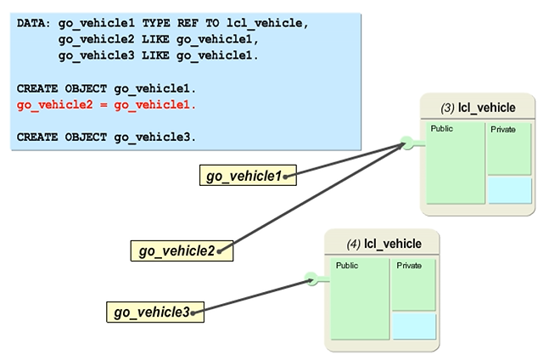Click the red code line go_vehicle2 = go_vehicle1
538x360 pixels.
tap(106, 105)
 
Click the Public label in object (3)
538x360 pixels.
tap(442, 129)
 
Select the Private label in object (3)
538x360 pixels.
tap(503, 129)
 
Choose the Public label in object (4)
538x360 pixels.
tap(347, 265)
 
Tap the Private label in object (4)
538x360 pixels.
tap(408, 266)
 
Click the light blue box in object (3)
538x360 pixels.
tap(509, 190)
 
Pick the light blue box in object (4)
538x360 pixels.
tap(414, 326)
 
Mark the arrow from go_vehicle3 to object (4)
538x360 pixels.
tap(255, 295)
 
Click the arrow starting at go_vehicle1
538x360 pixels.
tap(348, 161)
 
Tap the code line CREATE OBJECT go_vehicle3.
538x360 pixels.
tap(106, 137)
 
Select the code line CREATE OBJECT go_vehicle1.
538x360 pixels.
tap(106, 89)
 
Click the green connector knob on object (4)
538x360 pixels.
tap(311, 278)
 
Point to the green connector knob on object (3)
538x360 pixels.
tap(408, 143)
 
